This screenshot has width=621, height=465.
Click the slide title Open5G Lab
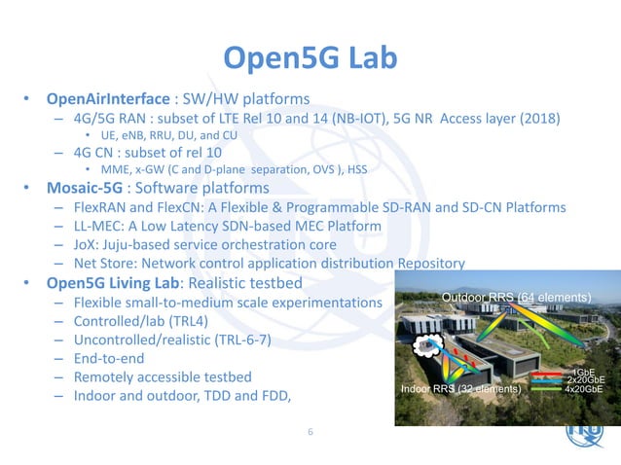pos(310,58)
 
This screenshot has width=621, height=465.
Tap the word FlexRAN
pos(101,208)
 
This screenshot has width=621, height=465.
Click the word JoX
pos(86,245)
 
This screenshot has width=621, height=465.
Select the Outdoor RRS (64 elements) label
pos(517,296)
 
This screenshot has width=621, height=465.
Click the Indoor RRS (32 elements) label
pos(462,389)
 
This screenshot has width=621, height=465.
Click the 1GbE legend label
pos(584,373)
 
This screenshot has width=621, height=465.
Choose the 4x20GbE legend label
pos(583,389)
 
